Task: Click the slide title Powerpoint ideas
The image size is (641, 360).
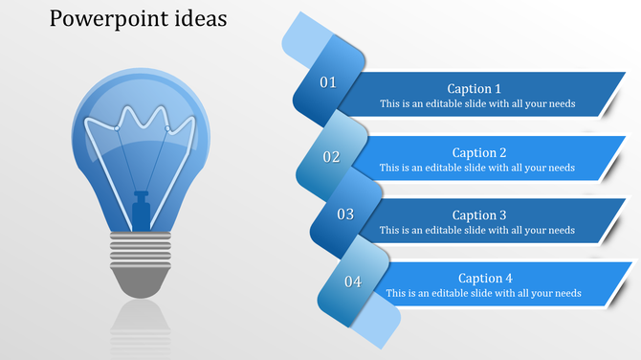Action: point(138,19)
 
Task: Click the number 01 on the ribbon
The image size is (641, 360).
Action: point(328,82)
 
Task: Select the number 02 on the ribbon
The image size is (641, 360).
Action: point(331,156)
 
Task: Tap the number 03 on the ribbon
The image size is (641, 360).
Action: point(344,214)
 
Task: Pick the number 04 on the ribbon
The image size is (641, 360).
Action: point(353,281)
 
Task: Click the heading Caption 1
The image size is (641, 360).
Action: point(474,89)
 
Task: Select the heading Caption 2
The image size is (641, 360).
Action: point(479,152)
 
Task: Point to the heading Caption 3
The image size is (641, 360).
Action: point(479,215)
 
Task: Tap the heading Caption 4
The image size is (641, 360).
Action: point(485,279)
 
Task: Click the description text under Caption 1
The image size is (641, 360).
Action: point(476,103)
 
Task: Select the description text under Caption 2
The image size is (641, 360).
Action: point(476,168)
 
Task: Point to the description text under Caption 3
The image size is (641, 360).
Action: point(476,230)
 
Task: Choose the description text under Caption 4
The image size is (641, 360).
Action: point(483,293)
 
